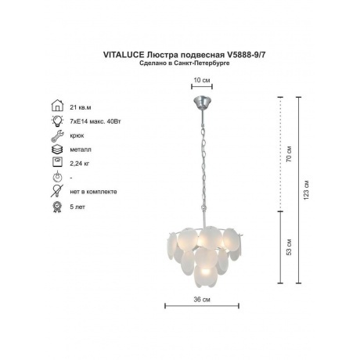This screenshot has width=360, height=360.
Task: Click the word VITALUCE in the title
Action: (x=124, y=55)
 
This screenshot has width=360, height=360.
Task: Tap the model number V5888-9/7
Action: (x=247, y=55)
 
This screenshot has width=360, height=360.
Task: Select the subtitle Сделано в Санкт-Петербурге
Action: (x=185, y=63)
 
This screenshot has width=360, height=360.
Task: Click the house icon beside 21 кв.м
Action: (x=57, y=106)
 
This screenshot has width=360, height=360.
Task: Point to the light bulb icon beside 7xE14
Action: (x=57, y=121)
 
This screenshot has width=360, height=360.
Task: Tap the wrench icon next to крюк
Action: (x=57, y=135)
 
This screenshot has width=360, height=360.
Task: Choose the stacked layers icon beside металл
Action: (x=57, y=149)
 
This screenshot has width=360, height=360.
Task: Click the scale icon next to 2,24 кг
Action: (x=57, y=162)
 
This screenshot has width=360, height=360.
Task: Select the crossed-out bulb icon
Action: (x=57, y=191)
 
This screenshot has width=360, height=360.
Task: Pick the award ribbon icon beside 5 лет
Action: (x=57, y=207)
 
